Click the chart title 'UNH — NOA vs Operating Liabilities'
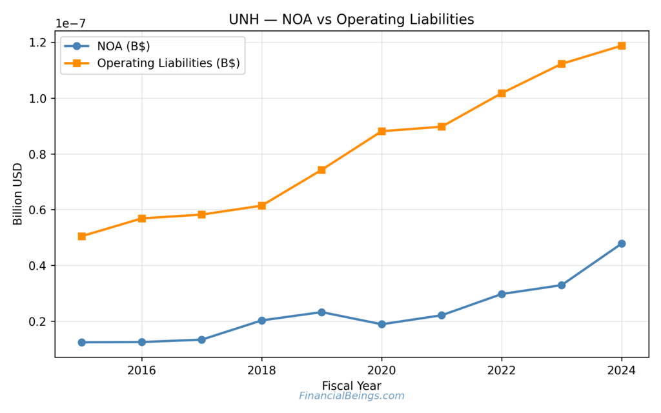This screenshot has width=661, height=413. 351,20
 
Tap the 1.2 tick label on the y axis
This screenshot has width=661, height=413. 38,43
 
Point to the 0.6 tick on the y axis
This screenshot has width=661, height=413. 38,210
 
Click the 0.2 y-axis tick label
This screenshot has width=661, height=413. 38,322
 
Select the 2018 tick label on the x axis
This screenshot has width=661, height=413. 261,371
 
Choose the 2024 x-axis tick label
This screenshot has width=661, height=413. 622,371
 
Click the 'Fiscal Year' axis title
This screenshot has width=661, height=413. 351,385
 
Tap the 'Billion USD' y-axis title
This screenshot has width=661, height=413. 17,194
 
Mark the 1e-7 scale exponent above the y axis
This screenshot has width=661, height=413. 70,24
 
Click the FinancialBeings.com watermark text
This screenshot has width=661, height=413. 351,396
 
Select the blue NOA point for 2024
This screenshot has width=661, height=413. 622,243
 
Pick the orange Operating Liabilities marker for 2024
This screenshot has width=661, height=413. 622,46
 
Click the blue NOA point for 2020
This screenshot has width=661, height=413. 381,324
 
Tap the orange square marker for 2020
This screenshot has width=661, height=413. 381,131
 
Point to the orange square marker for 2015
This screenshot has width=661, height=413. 82,236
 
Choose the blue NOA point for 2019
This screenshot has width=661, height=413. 321,312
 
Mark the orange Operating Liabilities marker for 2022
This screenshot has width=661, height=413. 502,93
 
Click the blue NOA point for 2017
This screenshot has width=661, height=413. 201,339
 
